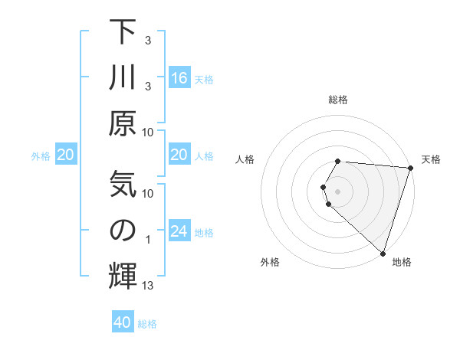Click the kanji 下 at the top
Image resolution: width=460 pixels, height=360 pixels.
[x=123, y=32]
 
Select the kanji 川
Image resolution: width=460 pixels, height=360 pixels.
[x=123, y=77]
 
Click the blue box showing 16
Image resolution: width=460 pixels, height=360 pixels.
[x=179, y=78]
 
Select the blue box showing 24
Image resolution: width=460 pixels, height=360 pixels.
[x=179, y=232]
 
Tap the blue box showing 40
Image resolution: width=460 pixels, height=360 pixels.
[x=123, y=323]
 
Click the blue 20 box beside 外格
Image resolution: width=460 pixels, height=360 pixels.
[x=65, y=155]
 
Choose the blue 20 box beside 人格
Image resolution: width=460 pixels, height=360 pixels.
[x=179, y=155]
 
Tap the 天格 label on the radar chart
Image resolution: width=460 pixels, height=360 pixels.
[x=431, y=159]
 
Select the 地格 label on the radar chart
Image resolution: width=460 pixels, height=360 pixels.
[x=402, y=263]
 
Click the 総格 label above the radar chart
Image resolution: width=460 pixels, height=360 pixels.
[x=338, y=100]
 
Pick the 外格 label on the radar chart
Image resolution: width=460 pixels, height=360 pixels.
[x=269, y=263]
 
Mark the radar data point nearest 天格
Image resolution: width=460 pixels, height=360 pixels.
[x=410, y=168]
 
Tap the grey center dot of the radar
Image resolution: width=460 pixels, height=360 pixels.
[x=338, y=191]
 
